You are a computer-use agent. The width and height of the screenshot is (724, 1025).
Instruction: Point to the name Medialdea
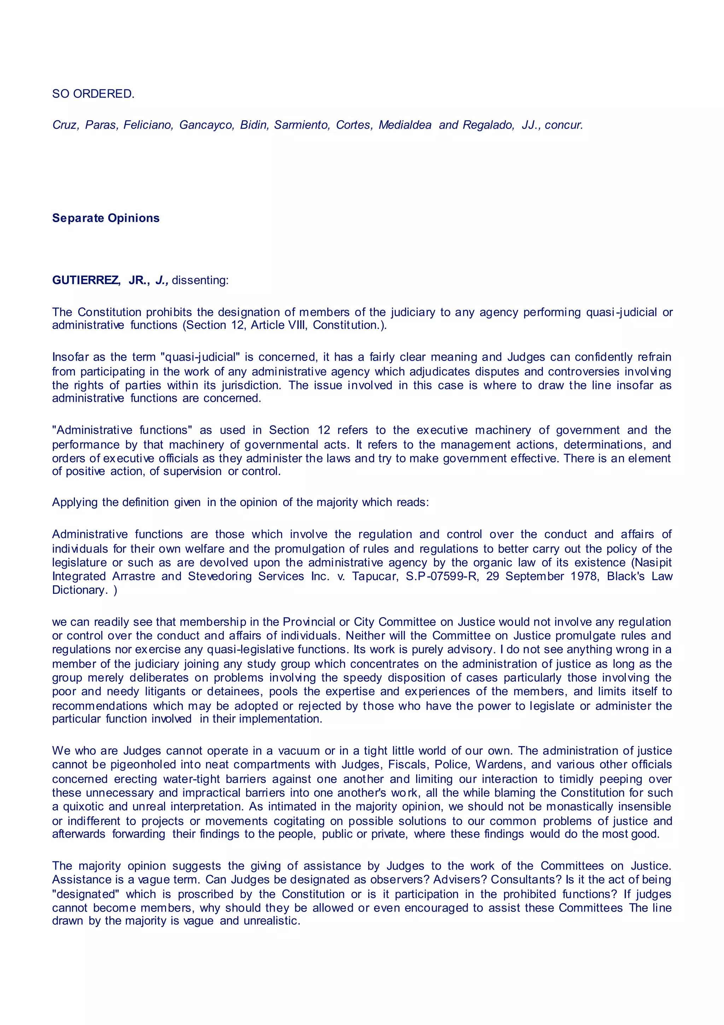pos(405,125)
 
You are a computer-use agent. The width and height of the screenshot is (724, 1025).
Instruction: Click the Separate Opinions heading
pos(106,218)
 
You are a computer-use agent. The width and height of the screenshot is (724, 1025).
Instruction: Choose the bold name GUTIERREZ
pos(86,280)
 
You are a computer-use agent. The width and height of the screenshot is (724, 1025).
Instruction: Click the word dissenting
pos(200,280)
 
